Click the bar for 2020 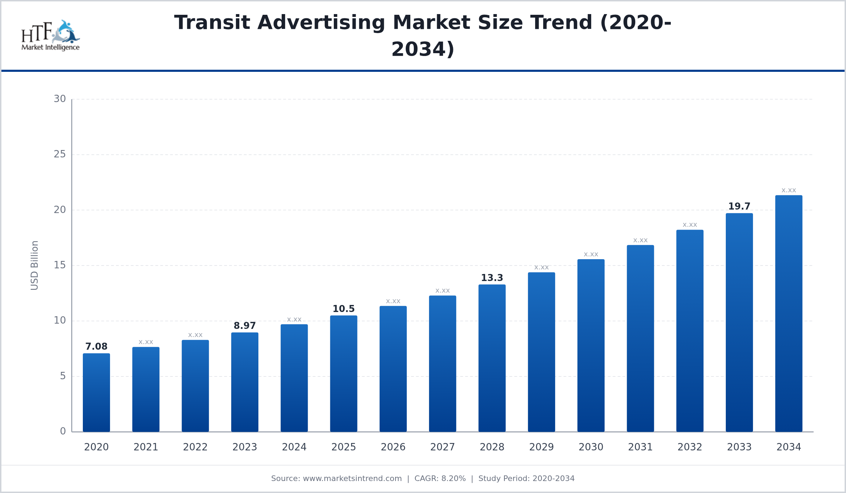(96, 393)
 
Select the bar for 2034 (789, 313)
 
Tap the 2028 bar (492, 358)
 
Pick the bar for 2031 (640, 338)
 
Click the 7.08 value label (96, 347)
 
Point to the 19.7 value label (739, 206)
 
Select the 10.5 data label (344, 309)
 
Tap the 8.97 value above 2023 (245, 326)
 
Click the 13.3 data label (492, 278)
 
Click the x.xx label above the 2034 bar (789, 191)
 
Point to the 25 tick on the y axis (60, 154)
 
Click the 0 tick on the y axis (63, 431)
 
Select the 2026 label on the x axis (393, 447)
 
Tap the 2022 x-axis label (195, 447)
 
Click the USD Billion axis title (35, 266)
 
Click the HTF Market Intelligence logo (51, 35)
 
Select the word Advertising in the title (321, 23)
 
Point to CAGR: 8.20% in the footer (440, 479)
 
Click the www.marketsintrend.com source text (352, 479)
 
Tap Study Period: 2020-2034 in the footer (527, 479)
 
